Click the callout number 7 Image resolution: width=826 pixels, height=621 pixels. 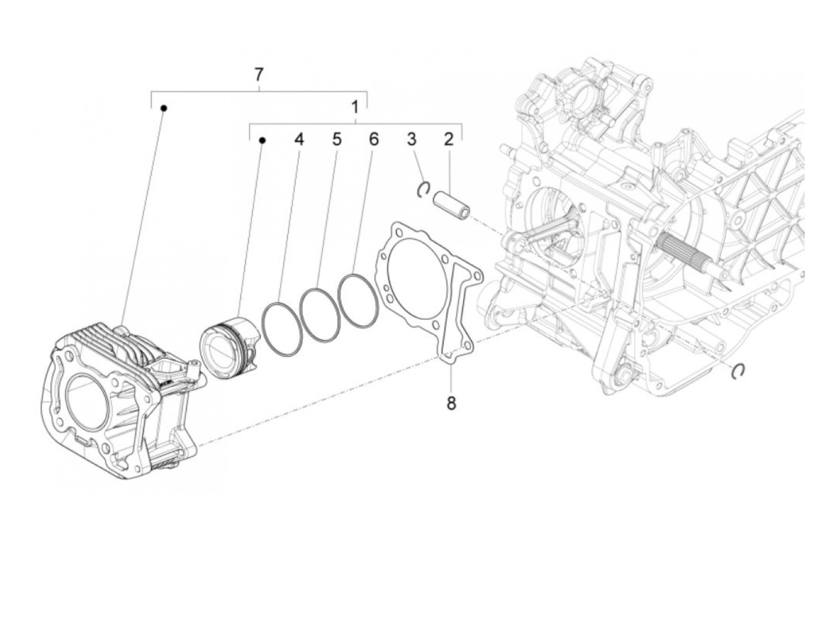[x=258, y=75]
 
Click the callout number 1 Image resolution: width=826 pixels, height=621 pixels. [x=355, y=107]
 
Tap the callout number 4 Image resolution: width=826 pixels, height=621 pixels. [x=299, y=140]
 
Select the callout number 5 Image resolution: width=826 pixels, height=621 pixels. [x=336, y=140]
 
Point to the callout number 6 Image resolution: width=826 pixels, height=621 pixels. [x=373, y=140]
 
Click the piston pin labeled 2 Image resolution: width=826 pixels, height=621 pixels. [x=452, y=204]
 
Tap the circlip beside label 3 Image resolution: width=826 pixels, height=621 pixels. [x=422, y=189]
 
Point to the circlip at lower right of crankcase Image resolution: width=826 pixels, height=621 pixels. [x=739, y=370]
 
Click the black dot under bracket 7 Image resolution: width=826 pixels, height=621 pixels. [x=165, y=108]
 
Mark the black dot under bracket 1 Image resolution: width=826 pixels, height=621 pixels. [x=263, y=140]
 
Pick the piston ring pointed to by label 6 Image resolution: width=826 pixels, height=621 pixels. [x=358, y=299]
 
